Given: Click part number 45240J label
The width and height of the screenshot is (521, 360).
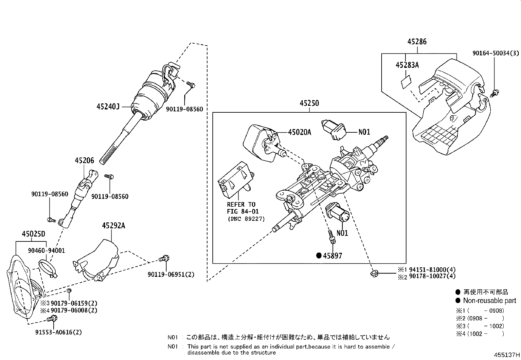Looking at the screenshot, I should pyautogui.click(x=108, y=106).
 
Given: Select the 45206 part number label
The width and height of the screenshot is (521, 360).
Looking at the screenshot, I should pyautogui.click(x=84, y=161).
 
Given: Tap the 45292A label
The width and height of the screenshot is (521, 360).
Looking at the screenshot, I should pyautogui.click(x=113, y=226).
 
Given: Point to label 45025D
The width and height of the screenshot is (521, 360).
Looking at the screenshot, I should pyautogui.click(x=33, y=234).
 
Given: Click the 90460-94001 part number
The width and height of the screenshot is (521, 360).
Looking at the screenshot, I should pyautogui.click(x=46, y=251).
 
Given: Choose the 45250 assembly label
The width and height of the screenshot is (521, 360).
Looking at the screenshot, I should pyautogui.click(x=309, y=103).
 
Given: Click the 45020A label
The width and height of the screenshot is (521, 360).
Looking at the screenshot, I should pyautogui.click(x=299, y=132).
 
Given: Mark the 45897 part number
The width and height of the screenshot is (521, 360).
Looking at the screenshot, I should pyautogui.click(x=332, y=256).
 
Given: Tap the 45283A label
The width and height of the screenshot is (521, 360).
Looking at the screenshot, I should pyautogui.click(x=407, y=65).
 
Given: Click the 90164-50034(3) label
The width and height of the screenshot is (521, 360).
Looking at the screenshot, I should pyautogui.click(x=496, y=53).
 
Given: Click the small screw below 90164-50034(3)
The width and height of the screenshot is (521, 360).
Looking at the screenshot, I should pyautogui.click(x=494, y=93).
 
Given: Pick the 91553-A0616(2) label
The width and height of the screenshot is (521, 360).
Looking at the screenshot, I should pyautogui.click(x=59, y=332).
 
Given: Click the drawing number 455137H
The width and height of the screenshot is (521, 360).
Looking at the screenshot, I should pyautogui.click(x=507, y=355).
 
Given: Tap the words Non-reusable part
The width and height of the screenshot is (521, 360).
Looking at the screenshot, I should pyautogui.click(x=489, y=300).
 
